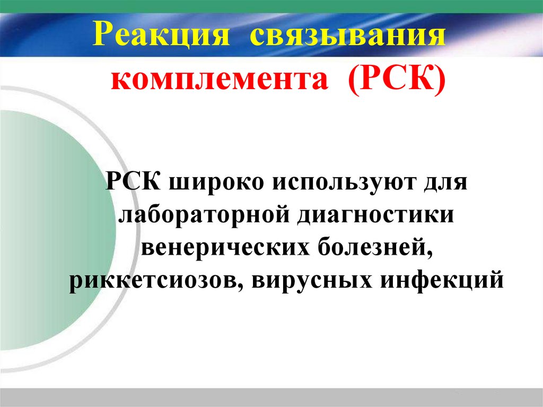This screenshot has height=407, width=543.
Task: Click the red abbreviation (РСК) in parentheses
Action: (x=395, y=81)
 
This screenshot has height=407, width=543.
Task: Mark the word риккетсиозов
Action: (x=152, y=280)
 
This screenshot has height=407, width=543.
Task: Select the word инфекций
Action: (x=436, y=280)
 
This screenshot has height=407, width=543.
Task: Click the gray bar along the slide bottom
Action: (x=271, y=397)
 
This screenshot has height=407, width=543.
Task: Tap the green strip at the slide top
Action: (x=271, y=5)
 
